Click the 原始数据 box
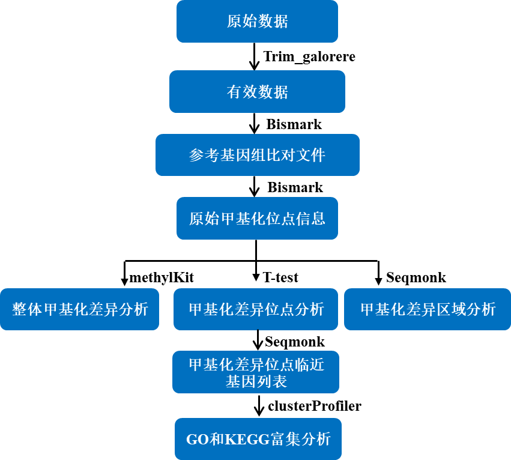click(x=257, y=21)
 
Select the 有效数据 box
click(x=257, y=92)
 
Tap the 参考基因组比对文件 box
click(x=258, y=155)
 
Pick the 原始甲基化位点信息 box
click(x=257, y=218)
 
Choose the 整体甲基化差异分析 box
click(x=79, y=309)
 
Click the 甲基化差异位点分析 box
click(x=256, y=309)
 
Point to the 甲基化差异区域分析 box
click(x=428, y=309)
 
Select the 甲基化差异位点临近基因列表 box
click(x=256, y=372)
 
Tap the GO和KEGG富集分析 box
click(x=258, y=439)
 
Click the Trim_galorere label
click(x=309, y=56)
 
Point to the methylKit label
click(x=162, y=278)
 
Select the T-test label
click(x=280, y=277)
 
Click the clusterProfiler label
click(x=315, y=406)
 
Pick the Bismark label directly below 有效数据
click(x=294, y=124)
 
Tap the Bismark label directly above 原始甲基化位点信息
click(x=295, y=187)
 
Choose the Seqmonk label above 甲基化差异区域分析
click(x=416, y=277)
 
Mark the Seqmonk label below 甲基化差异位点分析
click(x=295, y=342)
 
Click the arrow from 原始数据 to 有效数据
click(x=255, y=56)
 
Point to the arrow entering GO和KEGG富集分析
click(x=259, y=406)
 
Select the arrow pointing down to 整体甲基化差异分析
click(x=124, y=273)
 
